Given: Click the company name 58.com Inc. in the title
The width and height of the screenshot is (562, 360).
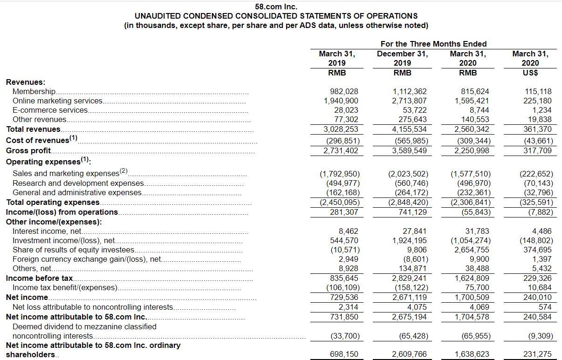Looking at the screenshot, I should click(276, 7).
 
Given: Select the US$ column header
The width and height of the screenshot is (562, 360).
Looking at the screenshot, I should click(530, 73).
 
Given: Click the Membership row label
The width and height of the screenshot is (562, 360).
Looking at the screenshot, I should click(34, 92).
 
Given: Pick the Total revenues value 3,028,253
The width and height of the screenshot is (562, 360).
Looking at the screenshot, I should click(341, 129).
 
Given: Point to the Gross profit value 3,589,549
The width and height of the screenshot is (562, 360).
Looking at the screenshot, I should click(410, 150).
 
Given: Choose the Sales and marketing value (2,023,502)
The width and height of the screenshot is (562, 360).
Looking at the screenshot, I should click(408, 174).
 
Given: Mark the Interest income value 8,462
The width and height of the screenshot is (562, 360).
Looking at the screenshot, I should click(349, 231).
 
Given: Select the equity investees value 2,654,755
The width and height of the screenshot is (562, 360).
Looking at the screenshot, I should click(472, 250).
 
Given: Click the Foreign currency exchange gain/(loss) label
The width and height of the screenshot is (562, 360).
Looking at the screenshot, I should click(87, 259).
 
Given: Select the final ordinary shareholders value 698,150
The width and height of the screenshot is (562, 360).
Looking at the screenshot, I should click(344, 354).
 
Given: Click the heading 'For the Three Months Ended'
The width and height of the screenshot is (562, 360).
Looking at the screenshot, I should click(433, 44).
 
